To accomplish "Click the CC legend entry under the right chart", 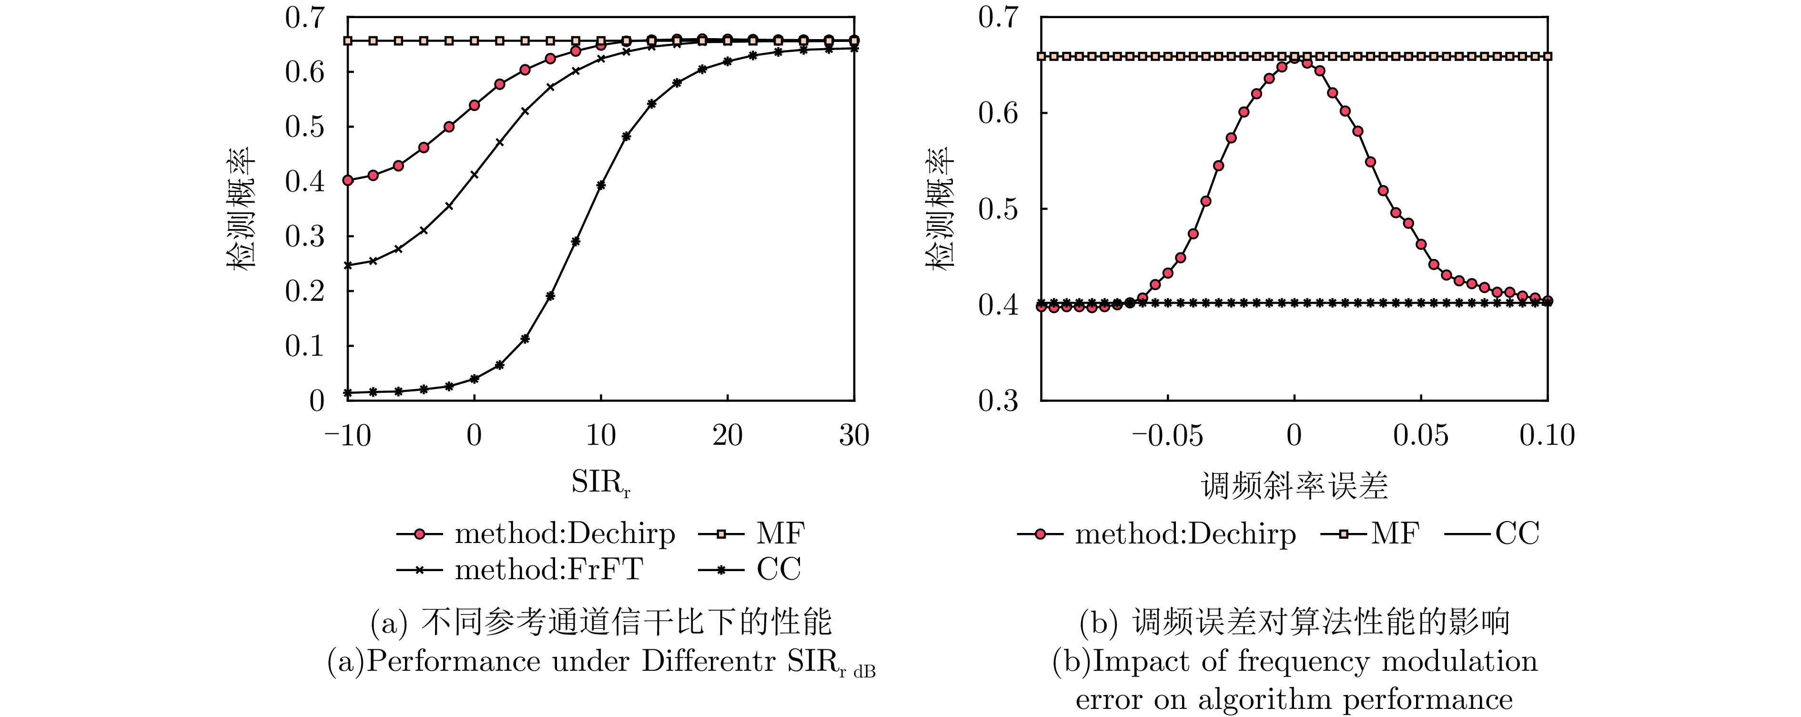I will (x=1491, y=534).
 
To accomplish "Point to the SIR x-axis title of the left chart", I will (x=600, y=482).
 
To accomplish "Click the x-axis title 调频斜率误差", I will (x=1294, y=485).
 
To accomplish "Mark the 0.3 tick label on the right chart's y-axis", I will (x=998, y=401).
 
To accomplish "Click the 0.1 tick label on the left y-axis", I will (x=305, y=346).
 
